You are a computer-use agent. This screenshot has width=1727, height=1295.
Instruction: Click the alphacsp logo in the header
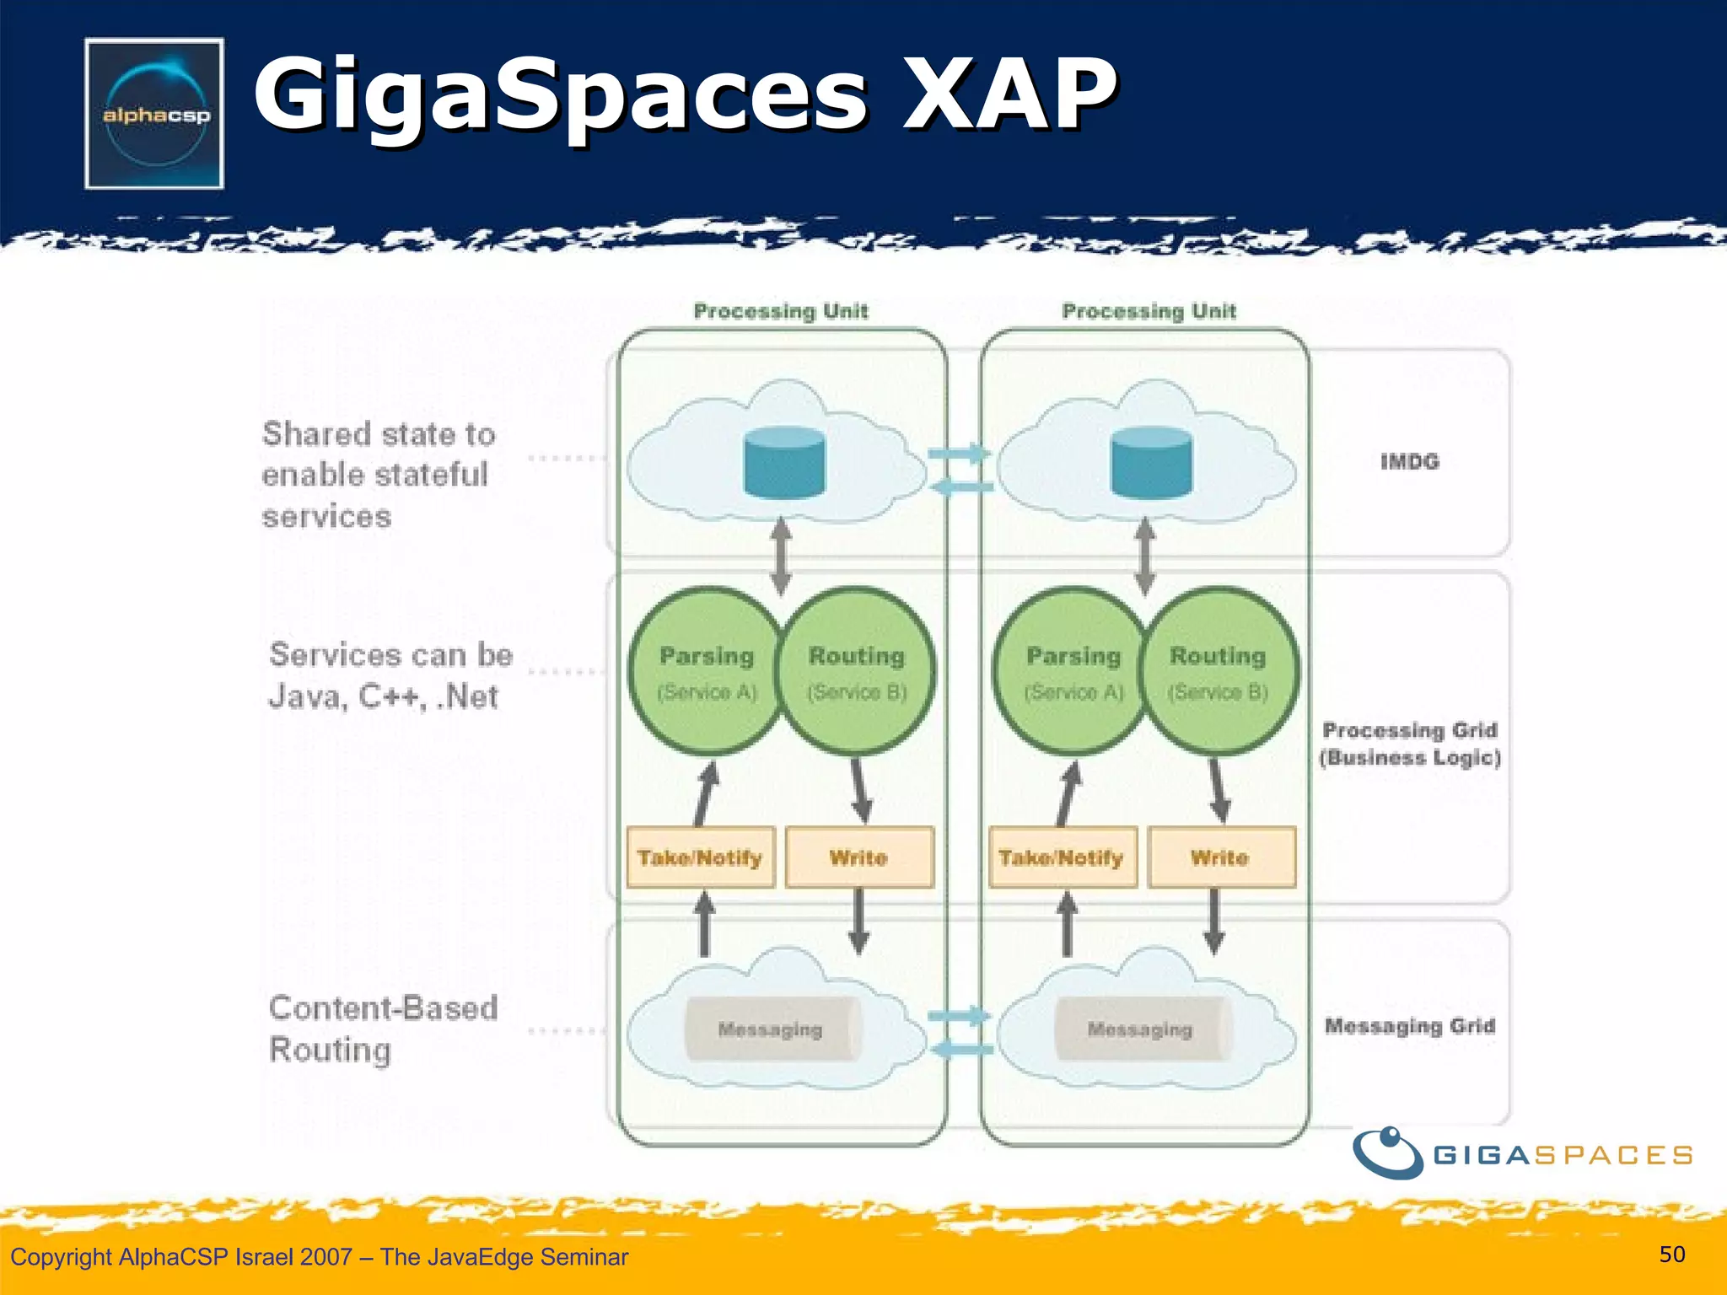tap(154, 114)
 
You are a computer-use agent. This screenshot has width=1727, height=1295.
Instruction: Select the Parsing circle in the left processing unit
tap(706, 671)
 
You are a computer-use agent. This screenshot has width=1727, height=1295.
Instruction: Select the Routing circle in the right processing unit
tap(1219, 671)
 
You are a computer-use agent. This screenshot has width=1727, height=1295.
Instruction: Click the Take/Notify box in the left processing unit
tap(700, 857)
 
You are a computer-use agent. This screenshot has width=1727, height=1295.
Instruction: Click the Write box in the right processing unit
tap(1221, 857)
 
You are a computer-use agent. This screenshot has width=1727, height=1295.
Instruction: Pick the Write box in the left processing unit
tap(858, 857)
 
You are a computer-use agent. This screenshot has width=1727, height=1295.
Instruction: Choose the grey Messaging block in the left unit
tap(771, 1029)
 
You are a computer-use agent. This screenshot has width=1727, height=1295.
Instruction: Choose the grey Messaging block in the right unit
tap(1140, 1029)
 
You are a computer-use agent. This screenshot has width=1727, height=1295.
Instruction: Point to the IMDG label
tap(1409, 461)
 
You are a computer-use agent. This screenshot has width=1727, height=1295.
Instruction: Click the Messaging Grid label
tap(1409, 1026)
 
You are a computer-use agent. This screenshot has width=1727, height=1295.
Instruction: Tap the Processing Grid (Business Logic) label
tap(1409, 743)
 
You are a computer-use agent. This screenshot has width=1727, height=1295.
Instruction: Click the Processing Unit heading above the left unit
tap(780, 311)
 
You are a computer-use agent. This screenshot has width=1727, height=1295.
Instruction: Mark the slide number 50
tap(1671, 1254)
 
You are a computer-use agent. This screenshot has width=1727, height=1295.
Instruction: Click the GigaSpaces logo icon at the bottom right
tap(1388, 1153)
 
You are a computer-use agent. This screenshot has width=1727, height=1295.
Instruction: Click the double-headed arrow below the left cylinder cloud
tap(782, 556)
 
